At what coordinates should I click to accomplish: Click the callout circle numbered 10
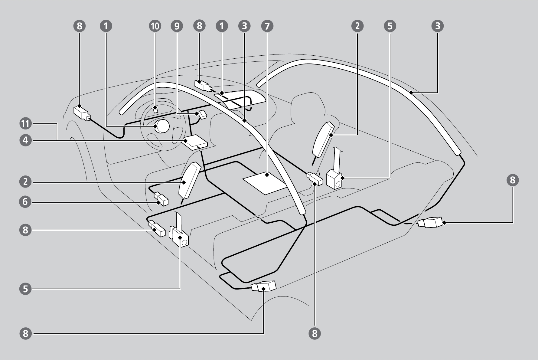(155, 26)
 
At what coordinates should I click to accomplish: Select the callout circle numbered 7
(267, 26)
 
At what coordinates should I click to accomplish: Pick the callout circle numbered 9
(177, 26)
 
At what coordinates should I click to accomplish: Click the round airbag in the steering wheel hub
(162, 126)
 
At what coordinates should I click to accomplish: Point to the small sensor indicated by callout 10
(155, 109)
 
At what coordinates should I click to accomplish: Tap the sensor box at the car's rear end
(432, 223)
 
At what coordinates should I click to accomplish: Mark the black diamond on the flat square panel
(267, 175)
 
